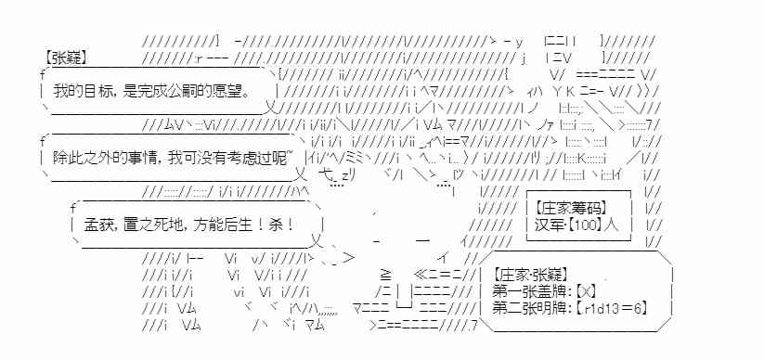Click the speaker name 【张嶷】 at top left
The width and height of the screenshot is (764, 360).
click(x=66, y=58)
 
